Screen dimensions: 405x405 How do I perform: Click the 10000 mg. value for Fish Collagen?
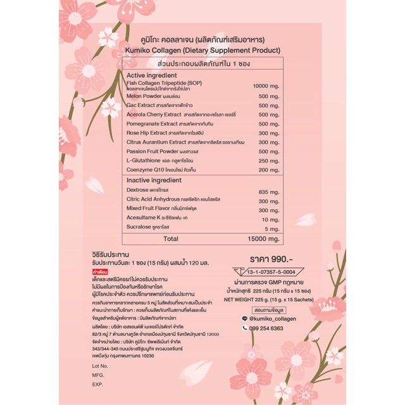coord(266,85)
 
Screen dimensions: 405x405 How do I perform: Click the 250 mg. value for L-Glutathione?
coord(269,161)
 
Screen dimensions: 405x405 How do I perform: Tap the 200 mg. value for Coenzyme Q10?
coord(269,170)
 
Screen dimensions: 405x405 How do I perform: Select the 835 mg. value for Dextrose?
coord(269,191)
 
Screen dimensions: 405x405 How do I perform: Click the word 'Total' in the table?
coord(171,239)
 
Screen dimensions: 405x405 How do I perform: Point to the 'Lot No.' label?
coord(100,366)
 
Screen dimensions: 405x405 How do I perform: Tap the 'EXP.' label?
coord(97,384)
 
